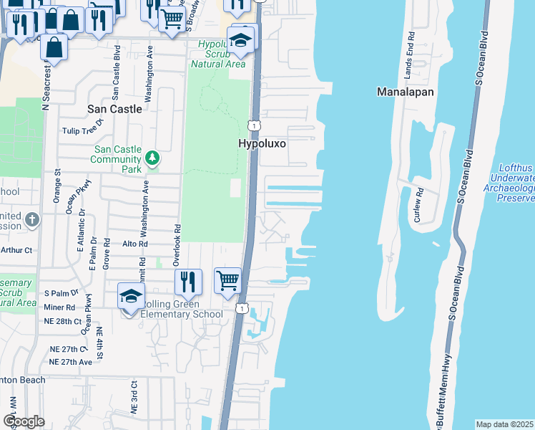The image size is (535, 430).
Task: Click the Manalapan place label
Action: tap(406, 92)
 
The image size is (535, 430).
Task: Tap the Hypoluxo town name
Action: tap(262, 144)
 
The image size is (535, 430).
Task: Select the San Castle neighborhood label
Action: tap(114, 109)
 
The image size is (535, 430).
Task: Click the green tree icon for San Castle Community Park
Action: tap(152, 158)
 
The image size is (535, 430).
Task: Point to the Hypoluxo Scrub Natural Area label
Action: tap(218, 54)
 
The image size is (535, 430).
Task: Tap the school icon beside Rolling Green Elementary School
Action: tap(131, 296)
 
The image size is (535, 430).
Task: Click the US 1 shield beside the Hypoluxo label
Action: tap(254, 125)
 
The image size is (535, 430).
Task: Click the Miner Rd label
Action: tap(59, 307)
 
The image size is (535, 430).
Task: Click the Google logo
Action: tap(24, 421)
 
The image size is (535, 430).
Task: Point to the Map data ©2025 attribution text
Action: tap(505, 424)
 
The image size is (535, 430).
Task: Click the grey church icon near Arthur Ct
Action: tap(31, 219)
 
